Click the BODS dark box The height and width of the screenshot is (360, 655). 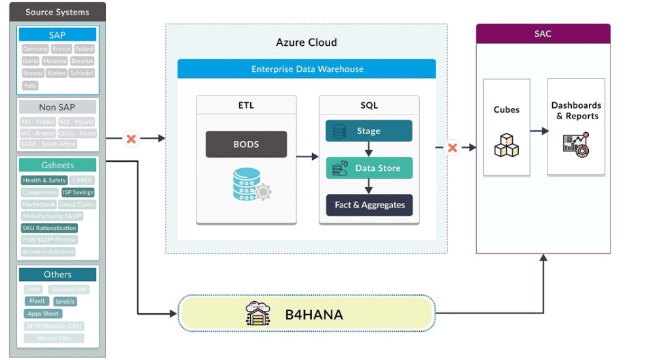[246, 145]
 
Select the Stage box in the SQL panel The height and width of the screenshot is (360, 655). [369, 131]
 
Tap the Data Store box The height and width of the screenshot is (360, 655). [369, 168]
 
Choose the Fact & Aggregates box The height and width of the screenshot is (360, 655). [369, 205]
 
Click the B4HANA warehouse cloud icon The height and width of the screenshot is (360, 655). [257, 314]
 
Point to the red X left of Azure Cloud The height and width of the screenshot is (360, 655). [131, 139]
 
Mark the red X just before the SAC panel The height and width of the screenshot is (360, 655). [452, 148]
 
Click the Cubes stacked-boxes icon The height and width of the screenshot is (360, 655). [506, 145]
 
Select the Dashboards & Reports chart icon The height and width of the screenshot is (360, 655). [576, 145]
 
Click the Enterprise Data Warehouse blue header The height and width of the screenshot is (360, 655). [307, 69]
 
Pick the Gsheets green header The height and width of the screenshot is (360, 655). [58, 165]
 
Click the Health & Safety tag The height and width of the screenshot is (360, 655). [44, 180]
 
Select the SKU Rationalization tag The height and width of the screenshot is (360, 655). [49, 228]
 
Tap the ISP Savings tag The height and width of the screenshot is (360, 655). [78, 192]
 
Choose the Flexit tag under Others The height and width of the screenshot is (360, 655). [37, 301]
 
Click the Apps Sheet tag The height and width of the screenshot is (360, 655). [43, 314]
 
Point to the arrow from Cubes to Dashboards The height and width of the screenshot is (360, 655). [539, 131]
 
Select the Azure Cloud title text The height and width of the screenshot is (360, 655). [307, 43]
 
